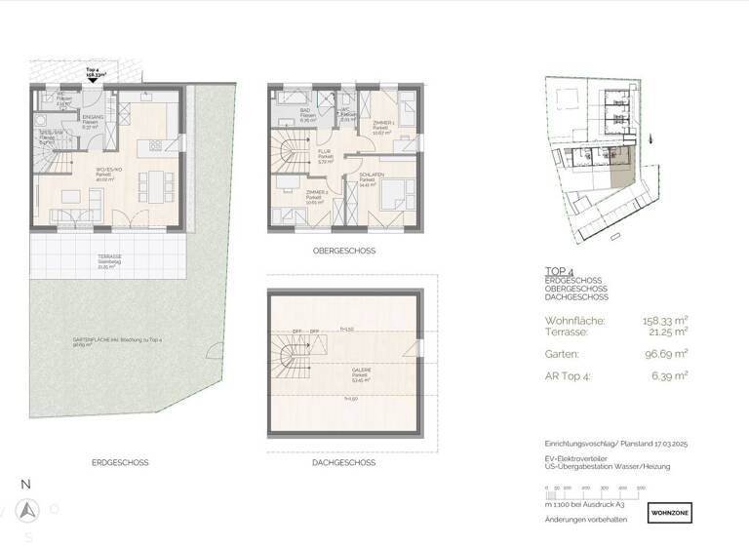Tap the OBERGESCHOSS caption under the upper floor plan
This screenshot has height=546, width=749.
[343, 251]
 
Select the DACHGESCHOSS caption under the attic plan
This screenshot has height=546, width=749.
[343, 462]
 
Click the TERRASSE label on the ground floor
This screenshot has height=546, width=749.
[109, 259]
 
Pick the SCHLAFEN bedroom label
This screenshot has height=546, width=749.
[370, 179]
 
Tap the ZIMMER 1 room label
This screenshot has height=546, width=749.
[381, 121]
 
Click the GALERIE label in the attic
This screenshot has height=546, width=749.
[334, 371]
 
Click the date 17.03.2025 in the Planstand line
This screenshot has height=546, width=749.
[664, 443]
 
